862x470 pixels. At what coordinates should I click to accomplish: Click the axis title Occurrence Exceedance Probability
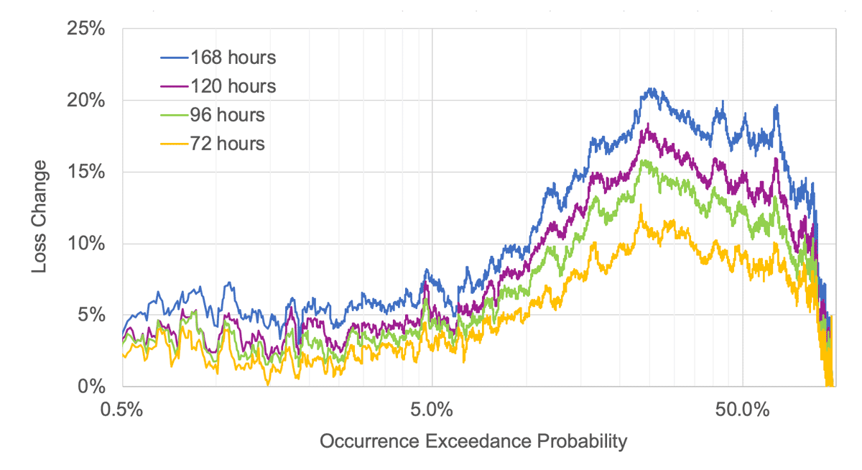coord(473,441)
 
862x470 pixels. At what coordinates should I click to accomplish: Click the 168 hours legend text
coord(233,57)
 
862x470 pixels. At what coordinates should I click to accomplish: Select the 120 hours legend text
coord(233,86)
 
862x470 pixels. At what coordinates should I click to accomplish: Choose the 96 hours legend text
coord(227,115)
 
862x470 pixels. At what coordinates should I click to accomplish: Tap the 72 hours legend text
coord(227,144)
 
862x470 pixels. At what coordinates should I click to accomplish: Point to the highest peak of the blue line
coord(651,88)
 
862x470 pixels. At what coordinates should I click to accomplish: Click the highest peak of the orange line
coord(641,205)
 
